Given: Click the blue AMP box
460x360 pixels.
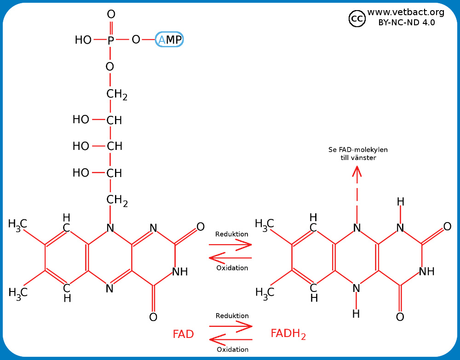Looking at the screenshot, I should pyautogui.click(x=169, y=40).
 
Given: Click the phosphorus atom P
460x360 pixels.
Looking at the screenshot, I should pyautogui.click(x=111, y=40).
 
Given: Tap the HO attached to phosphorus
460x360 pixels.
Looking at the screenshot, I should pyautogui.click(x=83, y=40).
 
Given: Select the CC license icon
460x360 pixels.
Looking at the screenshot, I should pyautogui.click(x=357, y=18).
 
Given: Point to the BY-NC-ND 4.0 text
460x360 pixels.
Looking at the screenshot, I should pyautogui.click(x=406, y=22).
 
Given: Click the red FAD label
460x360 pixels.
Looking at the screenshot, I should pyautogui.click(x=183, y=334).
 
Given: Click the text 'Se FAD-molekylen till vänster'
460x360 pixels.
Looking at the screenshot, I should pyautogui.click(x=358, y=154).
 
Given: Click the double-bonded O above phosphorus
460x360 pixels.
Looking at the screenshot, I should pyautogui.click(x=111, y=15).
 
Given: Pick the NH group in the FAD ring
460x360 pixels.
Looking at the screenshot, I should pyautogui.click(x=180, y=272).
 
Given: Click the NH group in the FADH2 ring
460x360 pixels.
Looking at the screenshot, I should pyautogui.click(x=426, y=272).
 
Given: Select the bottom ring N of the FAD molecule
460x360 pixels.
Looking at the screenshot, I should pyautogui.click(x=109, y=289).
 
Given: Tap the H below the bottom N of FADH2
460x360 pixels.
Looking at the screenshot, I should pyautogui.click(x=356, y=314).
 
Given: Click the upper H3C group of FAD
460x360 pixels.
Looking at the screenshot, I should pyautogui.click(x=18, y=224).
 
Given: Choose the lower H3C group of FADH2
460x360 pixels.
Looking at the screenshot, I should pyautogui.click(x=264, y=292).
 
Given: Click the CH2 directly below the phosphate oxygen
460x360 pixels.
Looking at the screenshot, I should pyautogui.click(x=116, y=95).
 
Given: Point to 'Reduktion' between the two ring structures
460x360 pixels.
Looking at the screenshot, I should pyautogui.click(x=232, y=234).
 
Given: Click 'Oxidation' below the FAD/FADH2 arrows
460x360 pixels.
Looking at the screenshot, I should pyautogui.click(x=232, y=349).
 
